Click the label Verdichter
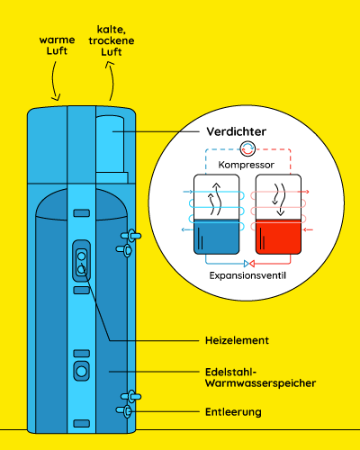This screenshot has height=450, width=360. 236,131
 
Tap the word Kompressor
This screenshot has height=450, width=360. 246,165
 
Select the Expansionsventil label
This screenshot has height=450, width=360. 247,275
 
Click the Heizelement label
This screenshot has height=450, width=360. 237,340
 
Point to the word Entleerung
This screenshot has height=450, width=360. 233,412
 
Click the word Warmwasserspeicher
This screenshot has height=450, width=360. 260,383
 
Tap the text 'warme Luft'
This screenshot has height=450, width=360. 57,45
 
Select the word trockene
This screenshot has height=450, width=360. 112,40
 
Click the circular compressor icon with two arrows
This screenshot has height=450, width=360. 247,148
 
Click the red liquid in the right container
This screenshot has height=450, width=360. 278,237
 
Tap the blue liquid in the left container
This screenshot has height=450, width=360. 217,237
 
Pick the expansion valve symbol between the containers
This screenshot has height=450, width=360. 249,264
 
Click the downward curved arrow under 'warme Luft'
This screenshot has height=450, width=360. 53,81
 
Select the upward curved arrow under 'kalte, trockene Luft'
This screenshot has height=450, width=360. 112,79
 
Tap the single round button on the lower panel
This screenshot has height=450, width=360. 82,372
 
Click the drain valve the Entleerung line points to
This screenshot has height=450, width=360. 125,410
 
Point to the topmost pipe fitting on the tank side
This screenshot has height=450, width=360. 130,236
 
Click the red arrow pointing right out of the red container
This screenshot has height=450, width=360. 303,192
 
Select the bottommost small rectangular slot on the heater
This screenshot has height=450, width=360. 82,423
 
